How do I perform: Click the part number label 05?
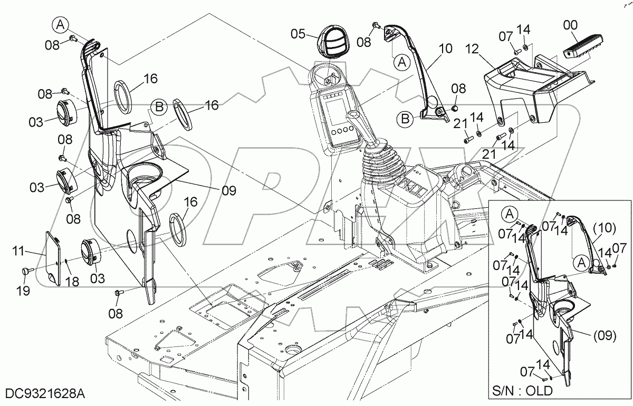[x=298, y=34]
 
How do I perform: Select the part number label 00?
[x=570, y=24]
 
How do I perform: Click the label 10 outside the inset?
[x=446, y=49]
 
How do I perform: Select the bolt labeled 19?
[x=25, y=270]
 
